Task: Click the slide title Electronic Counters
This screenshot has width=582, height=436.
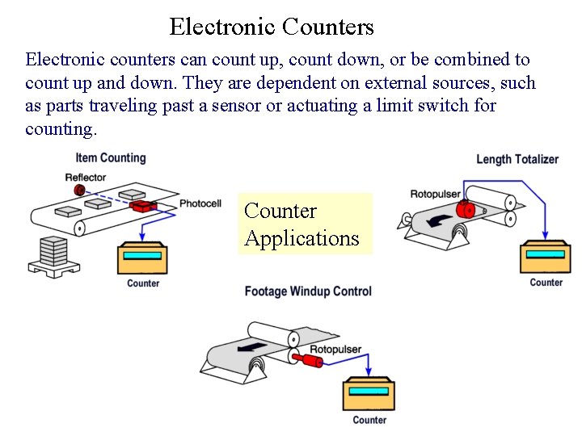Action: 272,27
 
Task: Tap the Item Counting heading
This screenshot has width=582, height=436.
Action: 111,158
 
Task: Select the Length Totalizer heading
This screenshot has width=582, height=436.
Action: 517,159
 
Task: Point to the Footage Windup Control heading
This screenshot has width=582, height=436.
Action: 308,291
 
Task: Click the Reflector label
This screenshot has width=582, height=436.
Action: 85,178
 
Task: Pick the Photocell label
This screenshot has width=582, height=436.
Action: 200,203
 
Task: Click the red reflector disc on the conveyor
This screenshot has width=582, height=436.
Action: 79,190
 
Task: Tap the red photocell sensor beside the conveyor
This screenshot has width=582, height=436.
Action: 145,206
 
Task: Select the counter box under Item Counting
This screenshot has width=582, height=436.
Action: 143,258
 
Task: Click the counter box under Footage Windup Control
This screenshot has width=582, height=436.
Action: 369,395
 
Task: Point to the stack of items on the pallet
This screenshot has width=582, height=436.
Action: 53,253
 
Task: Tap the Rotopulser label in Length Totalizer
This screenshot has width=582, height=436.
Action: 435,194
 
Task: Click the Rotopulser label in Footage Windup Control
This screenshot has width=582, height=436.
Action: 335,350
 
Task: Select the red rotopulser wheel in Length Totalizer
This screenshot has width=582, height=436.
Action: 464,210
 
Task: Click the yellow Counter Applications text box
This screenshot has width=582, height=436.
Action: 305,224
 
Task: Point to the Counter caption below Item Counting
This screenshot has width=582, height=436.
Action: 143,283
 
